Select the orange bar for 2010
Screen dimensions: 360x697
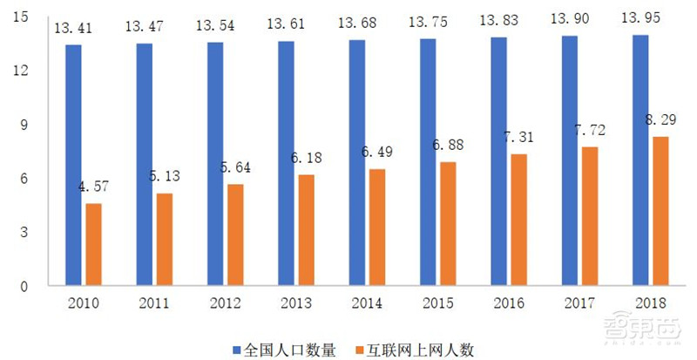[x=93, y=245]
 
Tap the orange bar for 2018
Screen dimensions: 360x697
[x=661, y=211]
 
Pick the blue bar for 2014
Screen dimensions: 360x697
[x=357, y=163]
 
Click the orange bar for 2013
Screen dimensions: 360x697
[x=306, y=230]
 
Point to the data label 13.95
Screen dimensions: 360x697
[x=640, y=17]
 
